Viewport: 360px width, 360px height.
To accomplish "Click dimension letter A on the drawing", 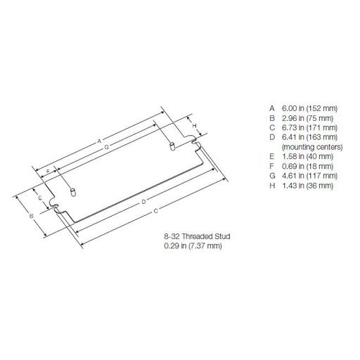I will pyautogui.click(x=101, y=140).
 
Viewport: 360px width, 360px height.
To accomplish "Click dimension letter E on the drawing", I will pyautogui.click(x=41, y=199).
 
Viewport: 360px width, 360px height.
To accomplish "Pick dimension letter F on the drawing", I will pyautogui.click(x=48, y=172).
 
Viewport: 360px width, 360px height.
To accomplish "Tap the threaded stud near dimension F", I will pyautogui.click(x=73, y=191).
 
